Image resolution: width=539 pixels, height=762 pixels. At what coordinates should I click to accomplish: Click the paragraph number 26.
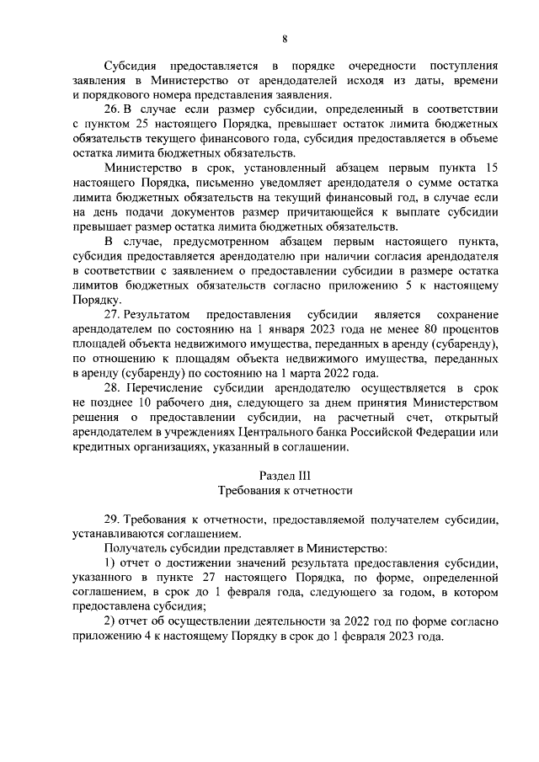[x=111, y=109]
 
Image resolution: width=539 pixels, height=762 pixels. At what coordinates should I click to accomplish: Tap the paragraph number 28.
[x=111, y=388]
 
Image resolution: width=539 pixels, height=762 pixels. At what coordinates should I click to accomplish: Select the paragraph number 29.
[x=111, y=520]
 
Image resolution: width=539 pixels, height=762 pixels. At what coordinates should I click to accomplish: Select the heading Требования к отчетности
[x=285, y=491]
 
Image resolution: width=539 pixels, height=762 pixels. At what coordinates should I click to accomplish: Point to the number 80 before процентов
[x=414, y=329]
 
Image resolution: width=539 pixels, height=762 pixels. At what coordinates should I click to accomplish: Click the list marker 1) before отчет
[x=109, y=565]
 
